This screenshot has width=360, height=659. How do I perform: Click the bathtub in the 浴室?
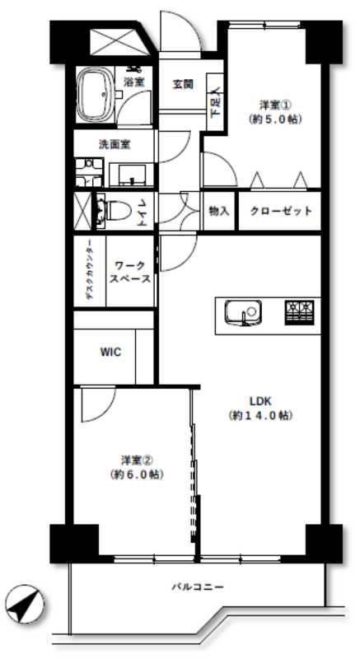point(95,95)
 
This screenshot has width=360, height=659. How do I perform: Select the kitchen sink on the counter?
point(243,313)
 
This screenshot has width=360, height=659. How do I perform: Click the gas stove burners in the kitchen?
point(300,313)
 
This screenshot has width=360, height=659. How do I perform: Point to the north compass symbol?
point(25,604)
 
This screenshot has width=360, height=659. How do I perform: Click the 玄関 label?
point(183,84)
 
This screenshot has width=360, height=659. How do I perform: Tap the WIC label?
point(110,352)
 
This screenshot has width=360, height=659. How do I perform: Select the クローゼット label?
point(281,211)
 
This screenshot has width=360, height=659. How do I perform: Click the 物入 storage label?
point(219,211)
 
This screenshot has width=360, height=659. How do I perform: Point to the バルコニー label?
point(198,587)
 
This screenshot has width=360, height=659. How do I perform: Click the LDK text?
point(260,400)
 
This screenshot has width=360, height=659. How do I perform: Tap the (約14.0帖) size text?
point(260,416)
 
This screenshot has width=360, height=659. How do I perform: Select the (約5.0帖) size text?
point(275,119)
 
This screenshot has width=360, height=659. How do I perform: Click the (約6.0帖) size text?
point(138,474)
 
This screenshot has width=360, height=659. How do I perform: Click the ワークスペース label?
point(130,273)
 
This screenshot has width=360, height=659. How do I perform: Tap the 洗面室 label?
point(115,145)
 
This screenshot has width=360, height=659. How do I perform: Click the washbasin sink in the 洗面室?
point(132,175)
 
